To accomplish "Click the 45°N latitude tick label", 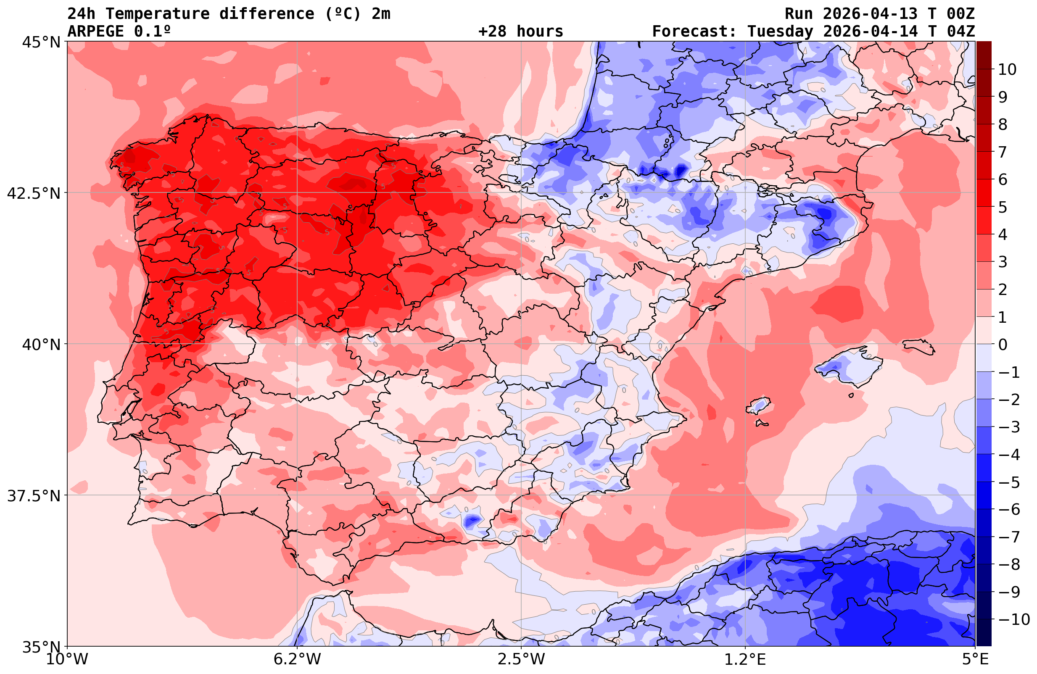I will [x=41, y=43].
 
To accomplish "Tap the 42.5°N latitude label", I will [x=34, y=193].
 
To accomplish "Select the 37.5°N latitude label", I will [x=34, y=496].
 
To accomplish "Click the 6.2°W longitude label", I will [x=297, y=659].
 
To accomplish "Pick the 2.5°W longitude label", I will [x=521, y=659].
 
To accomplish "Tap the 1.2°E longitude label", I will [x=745, y=659].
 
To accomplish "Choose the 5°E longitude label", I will [x=975, y=659].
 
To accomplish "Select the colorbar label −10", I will [x=1014, y=619].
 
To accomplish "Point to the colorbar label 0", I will [x=1003, y=345].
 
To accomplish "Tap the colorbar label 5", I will [x=1003, y=208].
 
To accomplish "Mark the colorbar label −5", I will [x=1009, y=482].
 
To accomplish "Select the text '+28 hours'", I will [x=521, y=32].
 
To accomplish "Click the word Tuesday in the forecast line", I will [x=780, y=32].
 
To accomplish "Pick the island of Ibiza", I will [x=758, y=405].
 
